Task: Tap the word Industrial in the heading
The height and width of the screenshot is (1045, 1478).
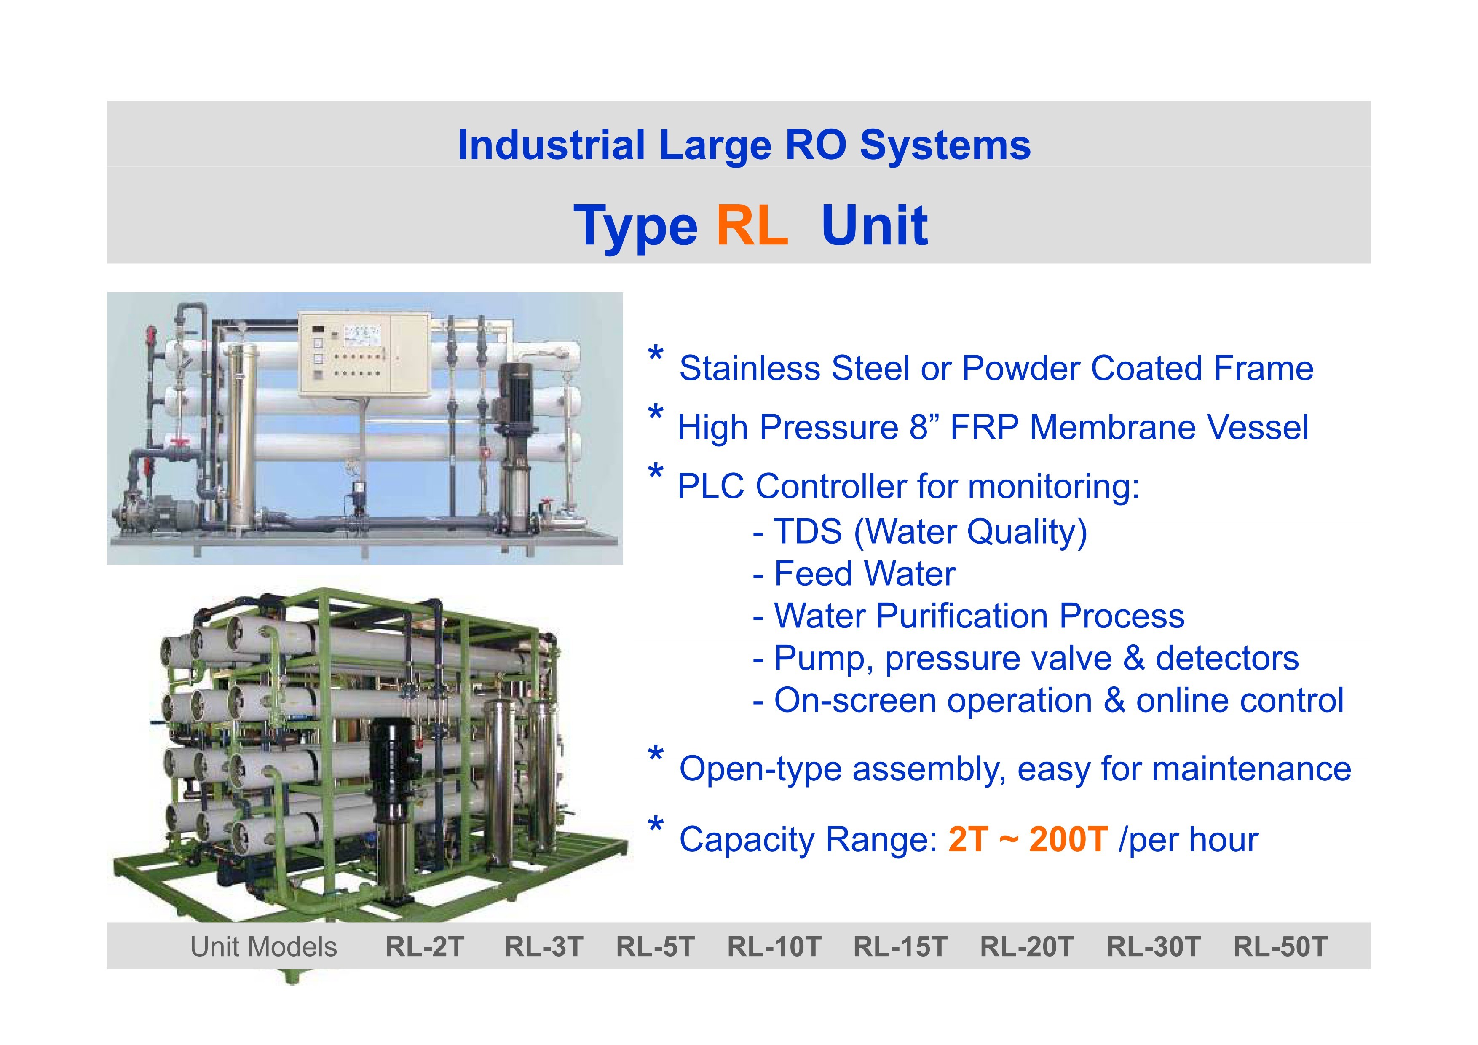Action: coord(551,145)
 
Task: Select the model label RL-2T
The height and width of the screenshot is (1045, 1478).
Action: coord(425,946)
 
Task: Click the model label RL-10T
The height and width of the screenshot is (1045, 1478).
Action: coord(774,946)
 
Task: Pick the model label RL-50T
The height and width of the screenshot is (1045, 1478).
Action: coord(1280,946)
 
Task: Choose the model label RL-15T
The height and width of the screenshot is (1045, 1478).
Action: coord(900,946)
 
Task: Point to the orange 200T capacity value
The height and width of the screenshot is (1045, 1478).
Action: coord(1068,839)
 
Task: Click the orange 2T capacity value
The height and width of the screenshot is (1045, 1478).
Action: coord(968,839)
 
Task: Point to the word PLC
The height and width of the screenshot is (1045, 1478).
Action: coord(711,486)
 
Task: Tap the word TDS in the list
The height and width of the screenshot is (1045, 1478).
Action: coord(808,532)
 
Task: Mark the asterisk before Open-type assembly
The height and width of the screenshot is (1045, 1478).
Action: coord(655,755)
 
